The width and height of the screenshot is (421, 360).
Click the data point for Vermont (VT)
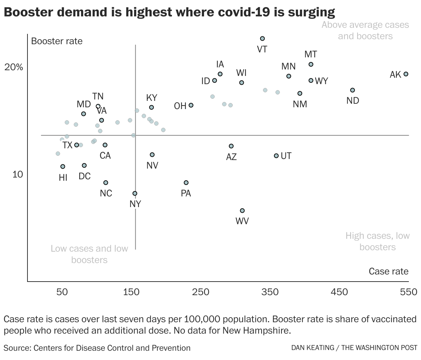pos(262,38)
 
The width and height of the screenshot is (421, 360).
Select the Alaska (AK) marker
pos(406,74)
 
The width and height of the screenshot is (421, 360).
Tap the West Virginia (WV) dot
pos(242,211)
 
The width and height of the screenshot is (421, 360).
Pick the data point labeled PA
pos(186,182)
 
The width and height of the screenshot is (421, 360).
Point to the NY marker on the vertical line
pos(135,193)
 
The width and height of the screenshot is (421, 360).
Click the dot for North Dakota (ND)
pos(352,90)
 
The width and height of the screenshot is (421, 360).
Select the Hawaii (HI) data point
pos(63,166)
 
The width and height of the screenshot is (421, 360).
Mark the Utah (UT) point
pos(276,156)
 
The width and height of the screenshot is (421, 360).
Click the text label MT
pos(311,55)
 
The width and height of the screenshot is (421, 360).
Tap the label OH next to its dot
pos(180,106)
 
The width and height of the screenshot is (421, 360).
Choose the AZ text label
pos(231,157)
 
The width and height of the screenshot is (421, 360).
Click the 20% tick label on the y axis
pos(14,67)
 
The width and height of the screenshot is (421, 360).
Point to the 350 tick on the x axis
pos(270,292)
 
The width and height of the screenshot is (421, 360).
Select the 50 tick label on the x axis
pos(62,292)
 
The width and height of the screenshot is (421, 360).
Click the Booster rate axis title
pos(57,41)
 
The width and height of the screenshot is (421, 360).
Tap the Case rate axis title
pos(389,271)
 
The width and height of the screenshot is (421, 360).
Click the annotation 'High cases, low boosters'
pos(377,241)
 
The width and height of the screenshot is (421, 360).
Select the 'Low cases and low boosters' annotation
pos(89,254)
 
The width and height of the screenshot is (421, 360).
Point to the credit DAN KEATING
pos(312,348)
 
